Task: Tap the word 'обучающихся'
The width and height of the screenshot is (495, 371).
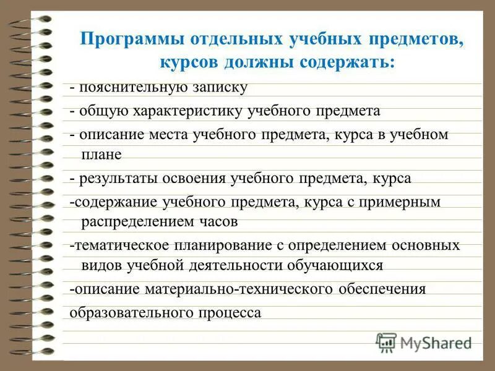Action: pyautogui.click(x=335, y=265)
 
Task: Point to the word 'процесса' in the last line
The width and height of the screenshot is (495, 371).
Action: pyautogui.click(x=231, y=313)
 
